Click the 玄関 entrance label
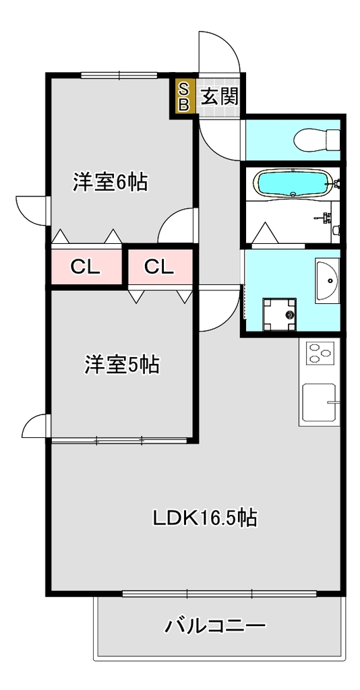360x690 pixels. click(220, 96)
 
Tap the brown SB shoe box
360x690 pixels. click(185, 96)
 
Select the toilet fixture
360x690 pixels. click(317, 139)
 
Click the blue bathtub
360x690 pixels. click(293, 183)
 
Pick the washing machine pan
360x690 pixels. click(280, 314)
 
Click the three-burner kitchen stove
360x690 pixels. click(320, 352)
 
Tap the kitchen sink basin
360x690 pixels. click(320, 402)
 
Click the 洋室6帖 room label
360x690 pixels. click(110, 182)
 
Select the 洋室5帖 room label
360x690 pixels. click(122, 365)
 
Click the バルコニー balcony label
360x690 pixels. click(215, 625)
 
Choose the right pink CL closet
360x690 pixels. click(160, 267)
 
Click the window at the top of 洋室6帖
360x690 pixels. click(119, 75)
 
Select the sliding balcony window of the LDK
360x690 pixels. click(219, 594)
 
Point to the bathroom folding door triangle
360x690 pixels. click(266, 233)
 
